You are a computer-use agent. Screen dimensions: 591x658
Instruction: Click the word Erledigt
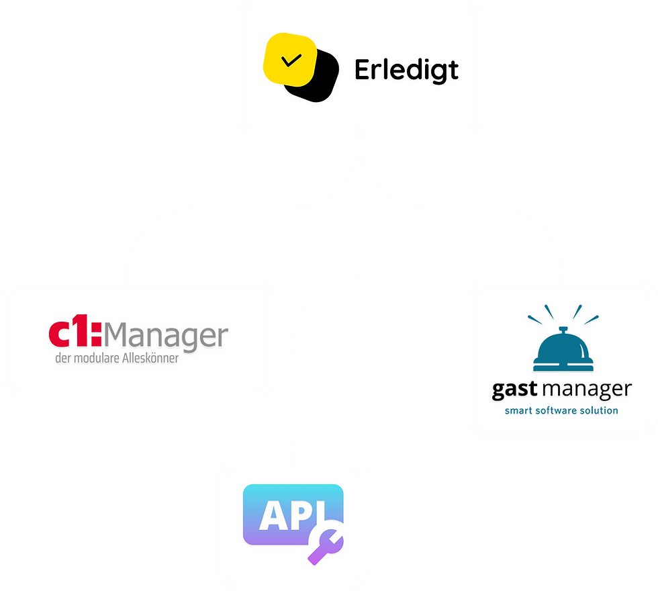pos(406,70)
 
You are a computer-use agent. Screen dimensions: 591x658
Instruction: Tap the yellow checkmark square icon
pos(289,59)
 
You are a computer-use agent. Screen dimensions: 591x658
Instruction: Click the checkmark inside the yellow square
pos(290,60)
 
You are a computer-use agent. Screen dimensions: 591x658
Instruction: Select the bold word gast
pos(515,389)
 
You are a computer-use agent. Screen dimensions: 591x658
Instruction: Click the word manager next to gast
pos(588,389)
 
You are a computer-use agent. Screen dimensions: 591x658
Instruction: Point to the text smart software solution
pos(561,410)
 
